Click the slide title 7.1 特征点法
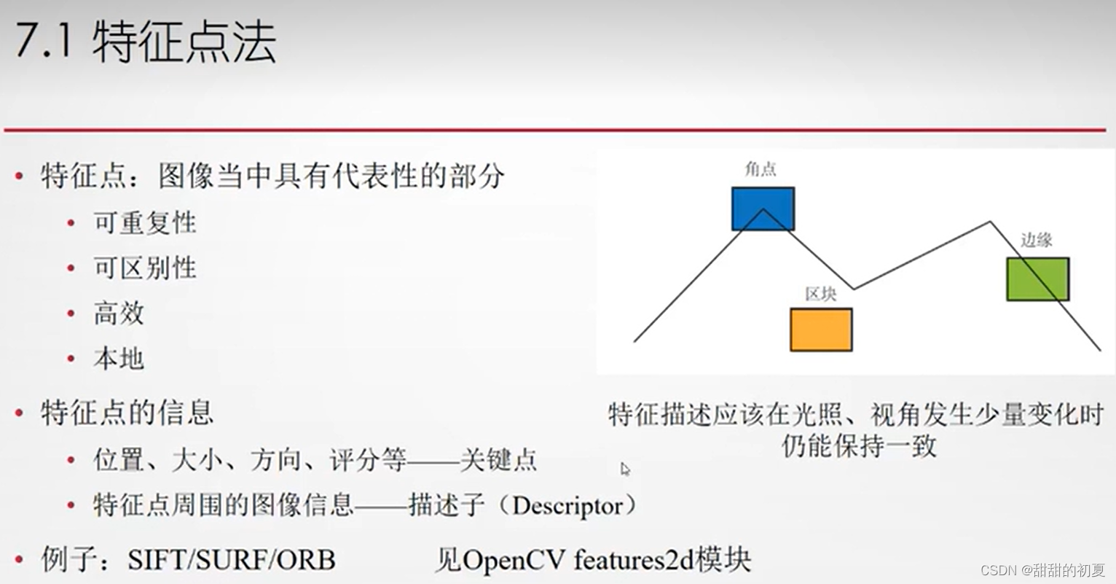point(145,42)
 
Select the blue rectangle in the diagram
point(763,209)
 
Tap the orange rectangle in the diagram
point(821,330)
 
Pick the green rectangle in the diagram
point(1037,279)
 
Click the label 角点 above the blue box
point(761,169)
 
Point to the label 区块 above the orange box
point(820,294)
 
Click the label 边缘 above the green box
point(1036,240)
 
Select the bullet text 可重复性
point(145,223)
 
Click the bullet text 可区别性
point(145,268)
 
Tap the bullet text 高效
point(119,314)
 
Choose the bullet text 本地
point(119,359)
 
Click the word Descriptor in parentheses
point(567,506)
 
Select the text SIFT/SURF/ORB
point(231,560)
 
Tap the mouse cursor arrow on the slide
point(624,468)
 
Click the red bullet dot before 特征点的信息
point(20,413)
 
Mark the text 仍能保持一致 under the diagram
point(859,445)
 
